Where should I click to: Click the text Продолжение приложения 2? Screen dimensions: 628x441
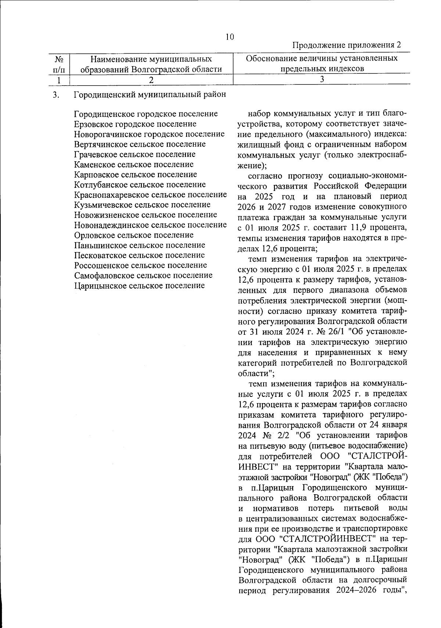(346, 46)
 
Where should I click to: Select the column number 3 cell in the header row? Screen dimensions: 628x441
(322, 79)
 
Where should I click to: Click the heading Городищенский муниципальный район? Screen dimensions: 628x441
(150, 94)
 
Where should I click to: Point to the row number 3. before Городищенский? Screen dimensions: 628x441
(56, 95)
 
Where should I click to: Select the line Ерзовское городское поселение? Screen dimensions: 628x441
(135, 124)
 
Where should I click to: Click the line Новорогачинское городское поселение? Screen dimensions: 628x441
(149, 134)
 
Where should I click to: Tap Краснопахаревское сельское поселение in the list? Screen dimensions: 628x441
(150, 194)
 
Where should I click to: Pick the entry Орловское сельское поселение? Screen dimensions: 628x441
(133, 235)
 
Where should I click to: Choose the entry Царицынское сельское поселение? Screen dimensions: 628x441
(139, 285)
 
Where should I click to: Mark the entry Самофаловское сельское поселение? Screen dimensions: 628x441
(143, 275)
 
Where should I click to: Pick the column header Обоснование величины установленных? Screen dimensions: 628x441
(322, 59)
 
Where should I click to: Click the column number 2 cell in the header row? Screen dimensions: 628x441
(151, 79)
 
